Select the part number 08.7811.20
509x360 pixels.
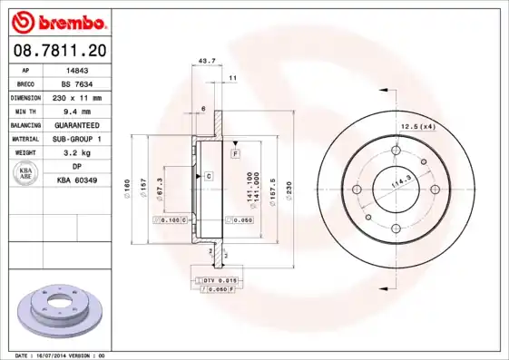coord(57,51)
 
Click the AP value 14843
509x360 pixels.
coord(77,69)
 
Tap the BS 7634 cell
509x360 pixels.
coord(77,83)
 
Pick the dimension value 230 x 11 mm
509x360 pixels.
coord(77,97)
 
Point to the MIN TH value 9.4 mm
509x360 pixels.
coord(77,111)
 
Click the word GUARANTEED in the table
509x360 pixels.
coord(77,124)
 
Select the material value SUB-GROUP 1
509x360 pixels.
coord(77,139)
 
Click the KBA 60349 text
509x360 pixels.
coord(77,180)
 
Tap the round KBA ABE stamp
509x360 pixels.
coord(26,174)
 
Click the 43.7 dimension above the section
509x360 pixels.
coord(207,62)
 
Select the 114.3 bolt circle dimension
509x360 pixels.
coord(396,185)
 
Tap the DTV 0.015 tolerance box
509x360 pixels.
coord(218,280)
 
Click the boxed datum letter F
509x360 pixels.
coord(235,155)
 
